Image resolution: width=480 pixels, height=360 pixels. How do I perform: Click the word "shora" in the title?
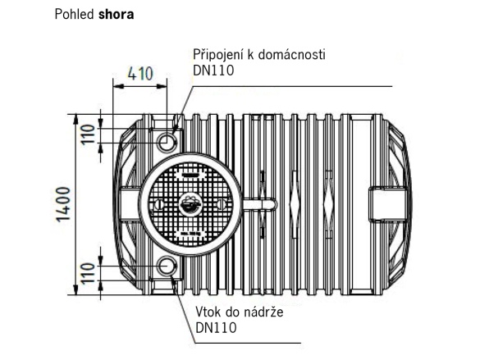[x=117, y=15]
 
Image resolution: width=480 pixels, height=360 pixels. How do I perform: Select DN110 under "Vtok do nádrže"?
[x=217, y=328]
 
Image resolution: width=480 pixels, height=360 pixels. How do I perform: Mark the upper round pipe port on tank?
[x=167, y=142]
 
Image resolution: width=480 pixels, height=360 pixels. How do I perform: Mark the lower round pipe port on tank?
[x=167, y=267]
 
